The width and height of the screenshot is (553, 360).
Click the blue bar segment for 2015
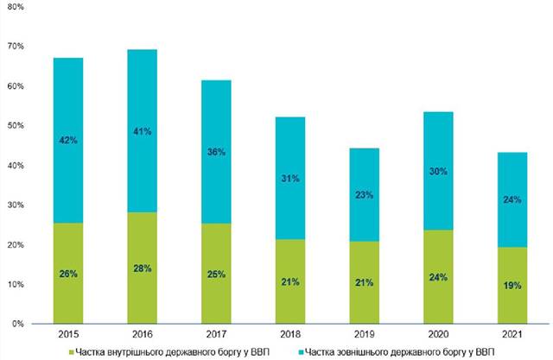click(68, 140)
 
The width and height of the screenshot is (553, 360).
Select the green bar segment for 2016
click(142, 268)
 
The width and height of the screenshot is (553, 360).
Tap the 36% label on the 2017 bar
click(216, 152)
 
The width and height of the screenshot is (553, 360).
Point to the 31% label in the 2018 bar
click(290, 179)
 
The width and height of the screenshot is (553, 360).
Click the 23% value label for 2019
click(365, 195)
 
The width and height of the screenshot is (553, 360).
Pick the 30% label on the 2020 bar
click(438, 172)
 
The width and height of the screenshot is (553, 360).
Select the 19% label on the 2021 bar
click(512, 285)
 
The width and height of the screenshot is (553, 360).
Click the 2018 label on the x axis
click(290, 334)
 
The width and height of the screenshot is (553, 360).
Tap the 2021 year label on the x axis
click(512, 334)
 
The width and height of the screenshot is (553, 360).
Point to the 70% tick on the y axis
click(16, 46)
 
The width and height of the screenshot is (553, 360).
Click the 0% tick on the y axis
click(17, 324)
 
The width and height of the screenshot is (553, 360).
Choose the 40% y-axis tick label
click(16, 165)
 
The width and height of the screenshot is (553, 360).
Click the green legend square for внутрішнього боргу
click(72, 352)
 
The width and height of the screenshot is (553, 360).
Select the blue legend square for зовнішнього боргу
click(301, 352)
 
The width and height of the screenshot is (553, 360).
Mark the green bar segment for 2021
click(512, 285)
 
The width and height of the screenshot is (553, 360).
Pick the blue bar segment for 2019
click(365, 195)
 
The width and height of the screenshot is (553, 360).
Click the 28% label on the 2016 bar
click(142, 268)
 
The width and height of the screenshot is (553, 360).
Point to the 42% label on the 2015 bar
click(68, 140)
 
